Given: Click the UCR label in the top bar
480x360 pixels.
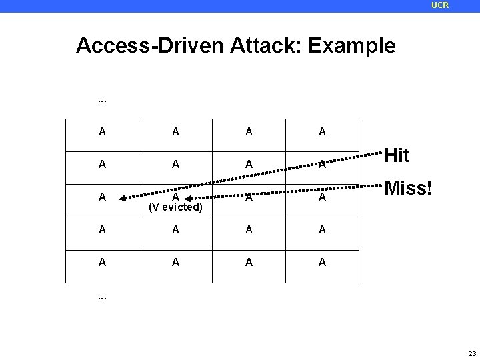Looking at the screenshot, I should [440, 5].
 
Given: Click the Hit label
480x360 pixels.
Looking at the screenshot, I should [397, 156].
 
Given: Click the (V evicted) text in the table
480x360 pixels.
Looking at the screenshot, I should [175, 206].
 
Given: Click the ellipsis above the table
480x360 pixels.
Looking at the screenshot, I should [102, 101].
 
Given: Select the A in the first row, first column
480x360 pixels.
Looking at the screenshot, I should [102, 132].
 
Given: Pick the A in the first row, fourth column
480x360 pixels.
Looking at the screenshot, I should [322, 132].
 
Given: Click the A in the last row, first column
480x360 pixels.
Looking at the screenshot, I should [102, 263].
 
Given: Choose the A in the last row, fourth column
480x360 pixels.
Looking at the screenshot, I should [322, 263].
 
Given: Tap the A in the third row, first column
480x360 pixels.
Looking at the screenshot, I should [102, 197].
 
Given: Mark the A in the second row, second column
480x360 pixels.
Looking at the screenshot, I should [175, 165].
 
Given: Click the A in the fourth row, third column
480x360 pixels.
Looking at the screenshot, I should [249, 230].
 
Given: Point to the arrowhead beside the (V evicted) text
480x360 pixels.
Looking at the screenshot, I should [188, 198].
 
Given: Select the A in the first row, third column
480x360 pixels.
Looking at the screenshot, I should [249, 132].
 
